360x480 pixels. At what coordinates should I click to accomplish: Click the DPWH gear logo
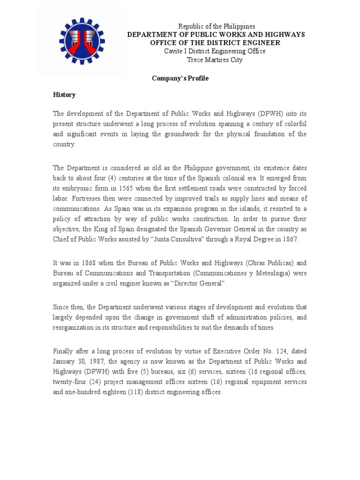point(82,43)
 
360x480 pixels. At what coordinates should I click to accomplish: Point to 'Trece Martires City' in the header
point(215,60)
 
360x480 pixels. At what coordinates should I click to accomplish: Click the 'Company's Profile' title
point(180,78)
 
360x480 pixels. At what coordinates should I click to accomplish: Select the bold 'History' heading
point(64,95)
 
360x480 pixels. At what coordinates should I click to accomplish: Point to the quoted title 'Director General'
point(201,284)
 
